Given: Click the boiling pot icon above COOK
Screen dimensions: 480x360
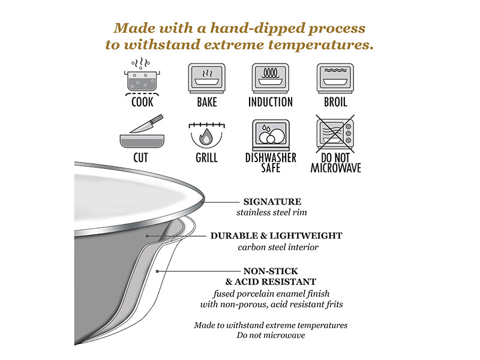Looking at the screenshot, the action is click(x=142, y=77).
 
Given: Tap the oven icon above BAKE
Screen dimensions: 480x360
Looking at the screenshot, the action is click(x=207, y=79).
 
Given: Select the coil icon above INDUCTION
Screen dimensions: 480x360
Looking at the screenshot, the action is click(x=271, y=79).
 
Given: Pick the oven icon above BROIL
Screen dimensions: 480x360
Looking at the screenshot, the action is click(x=335, y=79).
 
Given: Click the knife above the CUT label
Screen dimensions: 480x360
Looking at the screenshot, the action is click(x=146, y=124).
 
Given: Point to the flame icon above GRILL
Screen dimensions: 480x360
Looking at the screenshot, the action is click(x=206, y=137).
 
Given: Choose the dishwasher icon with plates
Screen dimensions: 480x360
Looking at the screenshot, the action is click(x=271, y=134).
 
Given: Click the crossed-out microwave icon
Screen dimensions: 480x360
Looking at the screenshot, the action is click(x=335, y=134).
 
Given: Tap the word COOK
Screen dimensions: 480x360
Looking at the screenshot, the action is click(x=142, y=102).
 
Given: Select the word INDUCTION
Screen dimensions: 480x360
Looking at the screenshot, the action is click(x=271, y=102).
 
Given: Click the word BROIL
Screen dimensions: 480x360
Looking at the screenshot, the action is click(x=335, y=102).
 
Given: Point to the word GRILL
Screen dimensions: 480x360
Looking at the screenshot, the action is click(x=206, y=158).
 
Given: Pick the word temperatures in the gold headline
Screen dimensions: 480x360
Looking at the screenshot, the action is click(x=321, y=45).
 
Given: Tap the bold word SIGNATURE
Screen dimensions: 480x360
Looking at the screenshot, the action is click(x=272, y=202).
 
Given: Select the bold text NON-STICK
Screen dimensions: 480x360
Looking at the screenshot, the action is click(x=271, y=271).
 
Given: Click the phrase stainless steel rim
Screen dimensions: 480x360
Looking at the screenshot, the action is click(x=272, y=212).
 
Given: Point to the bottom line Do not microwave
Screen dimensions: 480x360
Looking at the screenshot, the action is click(x=271, y=335).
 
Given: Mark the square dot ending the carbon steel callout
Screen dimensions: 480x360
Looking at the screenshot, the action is click(x=147, y=236).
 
